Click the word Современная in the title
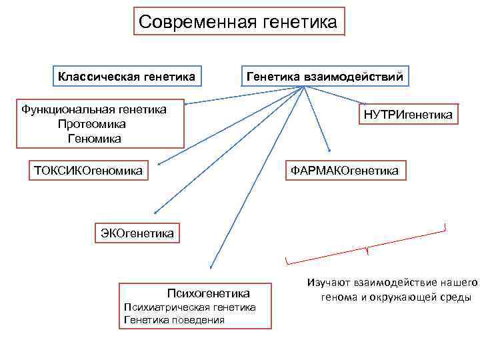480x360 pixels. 195,23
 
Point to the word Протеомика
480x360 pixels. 92,124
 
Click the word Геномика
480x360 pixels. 94,139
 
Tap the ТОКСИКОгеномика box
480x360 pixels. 89,171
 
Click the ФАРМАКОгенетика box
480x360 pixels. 345,171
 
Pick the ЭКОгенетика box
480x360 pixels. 137,233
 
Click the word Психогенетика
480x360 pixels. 208,293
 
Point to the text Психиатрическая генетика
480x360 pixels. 190,307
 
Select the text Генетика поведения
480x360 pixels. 174,320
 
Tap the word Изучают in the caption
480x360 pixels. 329,283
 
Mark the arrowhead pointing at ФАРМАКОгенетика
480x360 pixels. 329,150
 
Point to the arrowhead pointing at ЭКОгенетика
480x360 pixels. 154,211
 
